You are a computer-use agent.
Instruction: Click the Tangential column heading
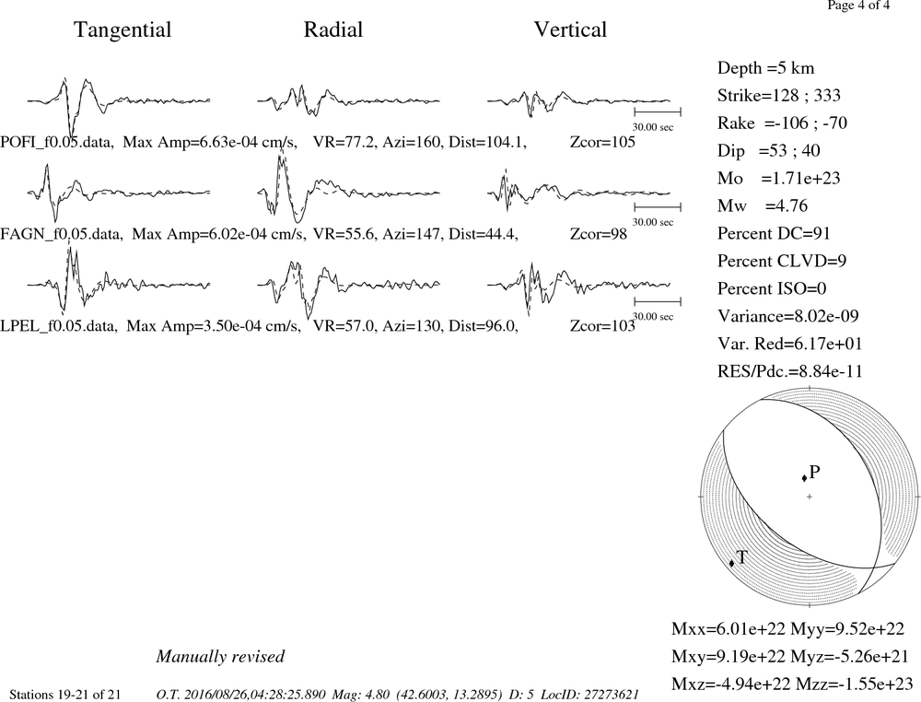point(122,30)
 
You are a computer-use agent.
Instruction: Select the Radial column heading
point(333,30)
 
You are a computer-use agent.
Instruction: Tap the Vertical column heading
point(570,30)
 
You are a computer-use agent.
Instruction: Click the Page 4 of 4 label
point(858,6)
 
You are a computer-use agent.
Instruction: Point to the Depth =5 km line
point(765,68)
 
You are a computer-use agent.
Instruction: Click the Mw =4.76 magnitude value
point(763,206)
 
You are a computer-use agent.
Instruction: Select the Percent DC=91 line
point(774,234)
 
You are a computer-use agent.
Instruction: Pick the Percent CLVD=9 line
point(782,262)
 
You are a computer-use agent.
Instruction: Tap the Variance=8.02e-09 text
point(787,317)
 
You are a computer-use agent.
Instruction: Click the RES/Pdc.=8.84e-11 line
point(790,372)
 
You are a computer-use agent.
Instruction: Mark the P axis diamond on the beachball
point(804,478)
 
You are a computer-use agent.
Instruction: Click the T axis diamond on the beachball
point(732,564)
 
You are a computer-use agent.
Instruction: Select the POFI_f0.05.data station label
point(57,142)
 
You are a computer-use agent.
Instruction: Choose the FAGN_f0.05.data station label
point(62,234)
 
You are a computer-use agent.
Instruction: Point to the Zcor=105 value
point(602,142)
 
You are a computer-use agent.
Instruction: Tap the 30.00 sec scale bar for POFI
point(658,111)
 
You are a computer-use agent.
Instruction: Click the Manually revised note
point(220,657)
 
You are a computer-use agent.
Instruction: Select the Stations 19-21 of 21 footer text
point(65,695)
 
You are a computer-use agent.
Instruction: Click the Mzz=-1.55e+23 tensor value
point(854,684)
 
